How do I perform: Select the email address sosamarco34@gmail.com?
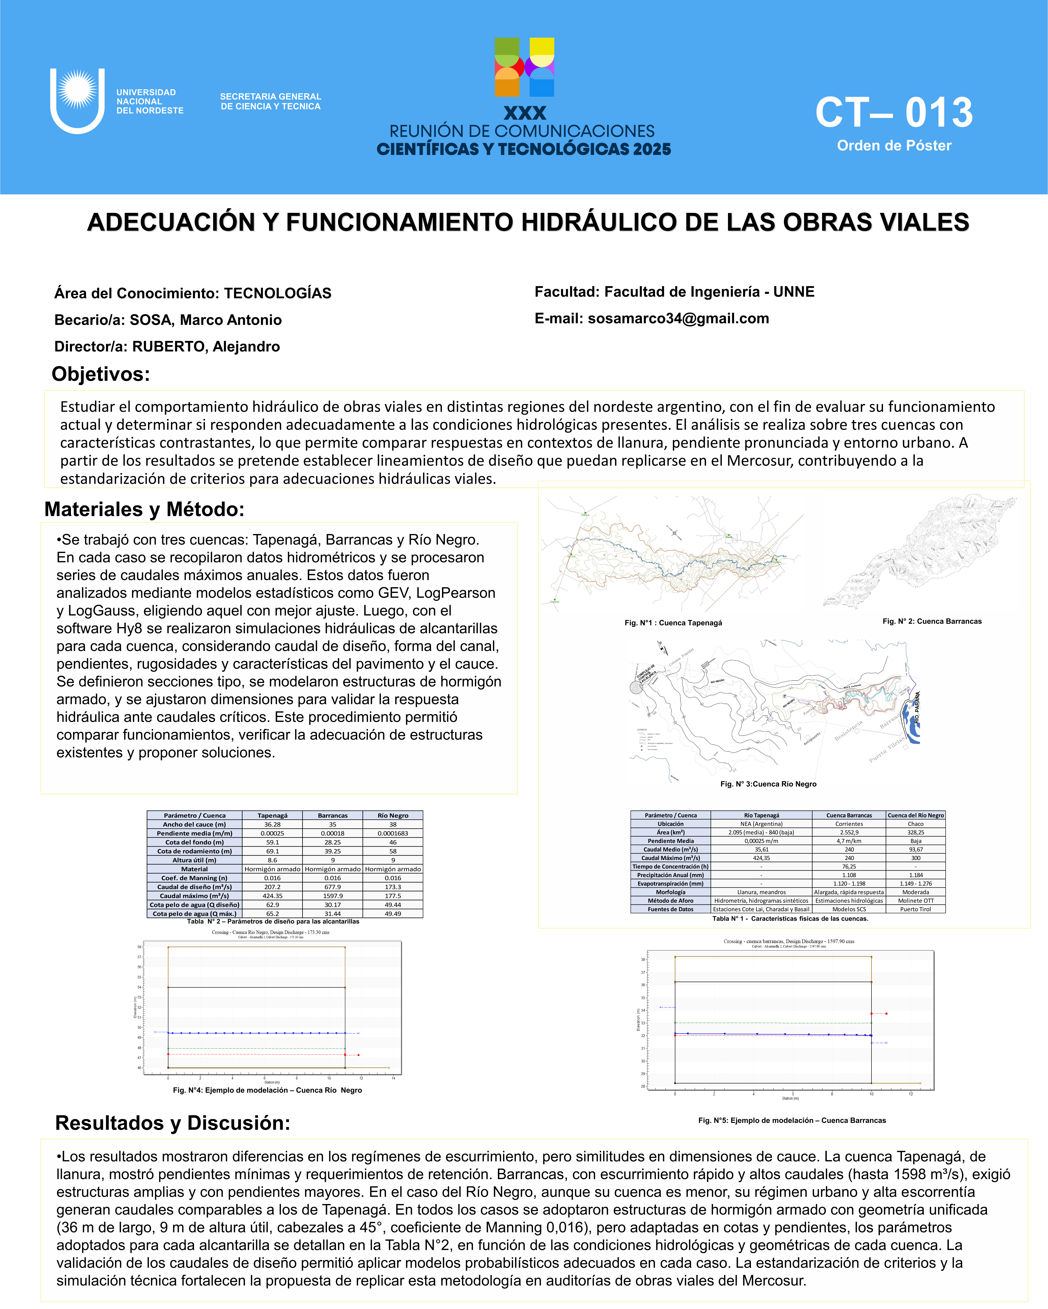678,319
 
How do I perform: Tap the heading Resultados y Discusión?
173,1123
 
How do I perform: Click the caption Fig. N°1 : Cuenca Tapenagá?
673,623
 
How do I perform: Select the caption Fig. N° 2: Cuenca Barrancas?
932,621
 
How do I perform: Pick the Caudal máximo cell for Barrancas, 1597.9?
332,896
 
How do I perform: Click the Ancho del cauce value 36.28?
272,824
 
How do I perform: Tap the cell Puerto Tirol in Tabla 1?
916,909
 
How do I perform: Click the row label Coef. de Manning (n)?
194,878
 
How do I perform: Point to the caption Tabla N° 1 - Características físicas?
790,919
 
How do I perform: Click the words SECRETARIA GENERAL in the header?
270,97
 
